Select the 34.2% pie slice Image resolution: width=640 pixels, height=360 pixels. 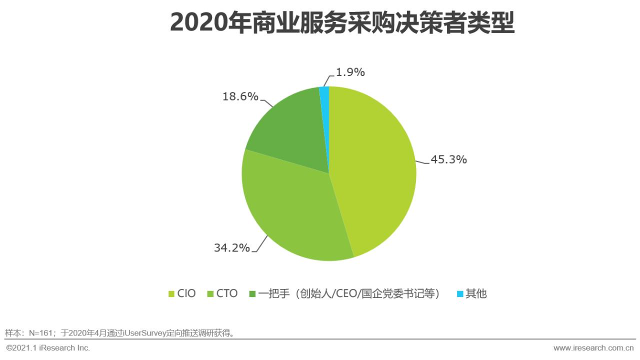coord(290,210)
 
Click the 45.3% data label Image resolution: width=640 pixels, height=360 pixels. coord(448,159)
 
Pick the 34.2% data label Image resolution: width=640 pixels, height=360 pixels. coord(231,247)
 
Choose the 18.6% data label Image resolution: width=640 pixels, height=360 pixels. coord(240,96)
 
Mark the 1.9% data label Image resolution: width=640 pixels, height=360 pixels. coord(349,72)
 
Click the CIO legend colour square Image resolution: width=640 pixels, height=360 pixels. coord(171,294)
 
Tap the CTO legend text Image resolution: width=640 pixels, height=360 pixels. coord(227,293)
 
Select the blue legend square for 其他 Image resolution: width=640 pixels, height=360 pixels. coord(460,294)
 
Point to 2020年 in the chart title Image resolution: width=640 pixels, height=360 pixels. coord(204,23)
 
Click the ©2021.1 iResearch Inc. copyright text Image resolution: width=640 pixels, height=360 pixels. coord(48,347)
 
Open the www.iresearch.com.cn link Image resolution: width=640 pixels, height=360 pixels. coord(593,347)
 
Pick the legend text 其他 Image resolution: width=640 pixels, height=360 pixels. coord(476,293)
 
